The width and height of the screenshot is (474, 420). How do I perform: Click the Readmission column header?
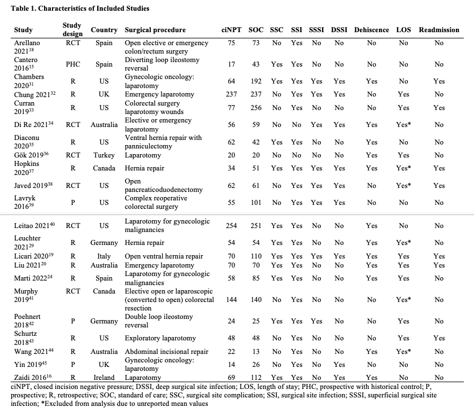coord(439,30)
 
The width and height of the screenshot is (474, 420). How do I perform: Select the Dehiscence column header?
coord(371,30)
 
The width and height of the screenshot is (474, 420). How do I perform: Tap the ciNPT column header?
coord(232,30)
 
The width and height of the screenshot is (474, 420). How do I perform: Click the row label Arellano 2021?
coord(28,47)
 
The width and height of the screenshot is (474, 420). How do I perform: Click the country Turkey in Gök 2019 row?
coord(104,155)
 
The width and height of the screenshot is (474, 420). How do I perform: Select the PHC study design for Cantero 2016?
coord(72,64)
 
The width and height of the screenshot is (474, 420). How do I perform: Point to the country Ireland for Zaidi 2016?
coord(104,378)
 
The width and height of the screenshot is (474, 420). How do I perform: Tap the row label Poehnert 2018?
coord(27,321)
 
